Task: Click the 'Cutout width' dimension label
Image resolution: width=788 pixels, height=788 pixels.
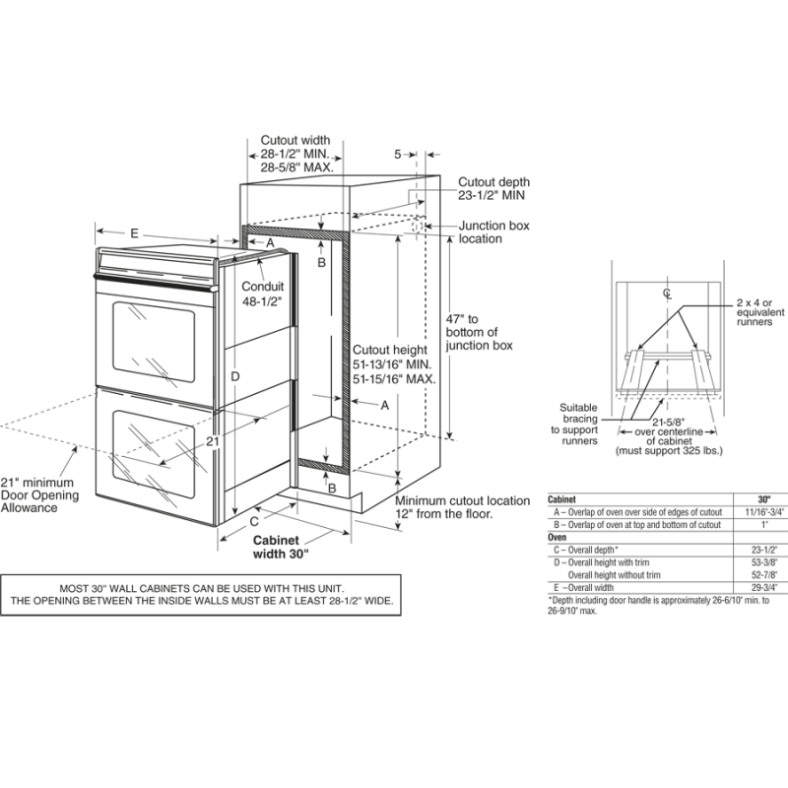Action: (295, 141)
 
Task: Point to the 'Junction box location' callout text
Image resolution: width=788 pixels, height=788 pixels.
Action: (493, 232)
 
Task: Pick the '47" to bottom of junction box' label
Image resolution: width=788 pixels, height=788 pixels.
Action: (479, 332)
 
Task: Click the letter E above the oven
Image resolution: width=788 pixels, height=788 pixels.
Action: (134, 232)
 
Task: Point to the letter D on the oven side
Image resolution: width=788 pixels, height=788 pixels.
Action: (235, 376)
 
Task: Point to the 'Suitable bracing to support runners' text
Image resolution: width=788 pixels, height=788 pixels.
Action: (578, 424)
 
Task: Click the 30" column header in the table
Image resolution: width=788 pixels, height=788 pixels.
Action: (763, 500)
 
